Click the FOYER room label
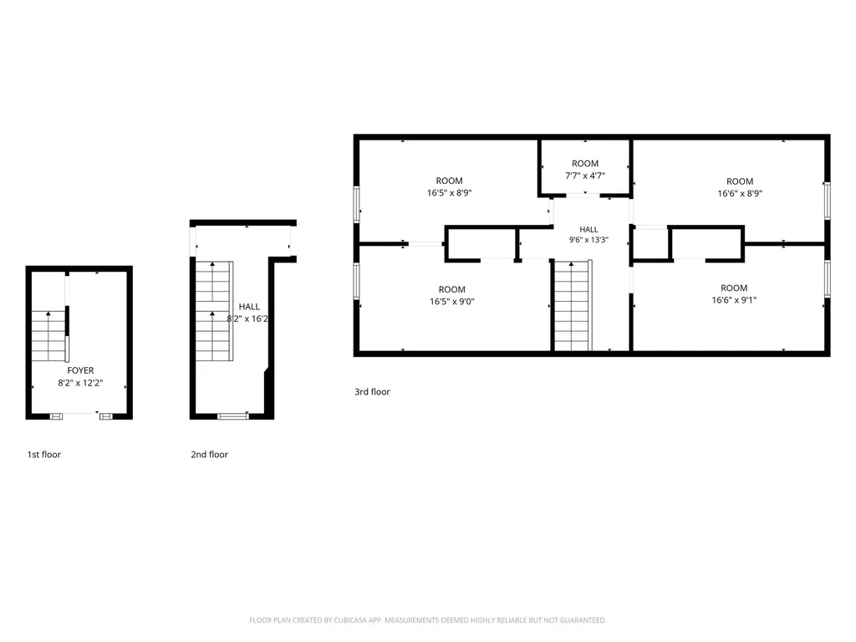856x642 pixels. pos(80,370)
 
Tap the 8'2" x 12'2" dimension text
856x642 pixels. pos(80,383)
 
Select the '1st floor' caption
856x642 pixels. pos(44,454)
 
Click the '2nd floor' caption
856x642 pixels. pos(209,454)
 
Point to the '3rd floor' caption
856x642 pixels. pos(372,391)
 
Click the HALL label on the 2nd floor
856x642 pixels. pos(249,307)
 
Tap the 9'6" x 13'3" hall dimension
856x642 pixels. pos(588,240)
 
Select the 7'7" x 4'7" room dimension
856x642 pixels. pos(584,176)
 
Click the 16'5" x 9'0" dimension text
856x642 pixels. pos(452,301)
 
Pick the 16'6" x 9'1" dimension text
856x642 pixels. pos(734,300)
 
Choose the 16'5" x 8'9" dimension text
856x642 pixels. pos(449,193)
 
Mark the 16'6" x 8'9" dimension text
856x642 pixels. pos(740,193)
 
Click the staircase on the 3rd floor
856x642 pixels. pos(573,305)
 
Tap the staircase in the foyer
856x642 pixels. pos(49,336)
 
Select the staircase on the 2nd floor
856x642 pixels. pos(214,311)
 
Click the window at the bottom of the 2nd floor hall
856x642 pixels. pos(233,416)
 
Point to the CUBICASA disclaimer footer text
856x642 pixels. pos(427,620)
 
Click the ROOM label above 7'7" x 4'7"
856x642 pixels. pos(584,163)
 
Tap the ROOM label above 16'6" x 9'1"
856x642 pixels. pos(734,288)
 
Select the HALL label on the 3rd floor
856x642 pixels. pos(588,229)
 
